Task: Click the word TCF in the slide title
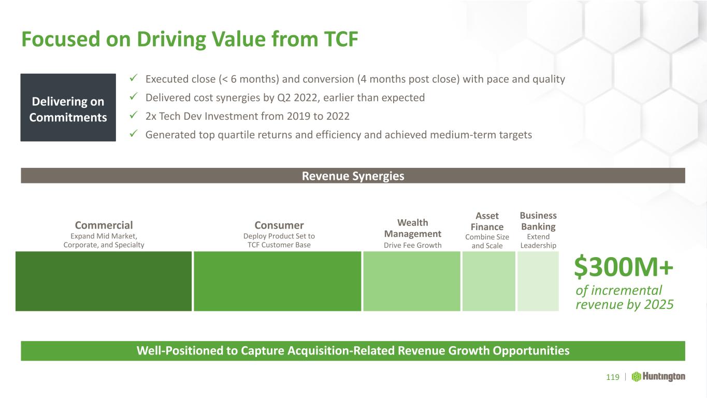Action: tap(341, 39)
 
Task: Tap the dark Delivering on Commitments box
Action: tap(68, 107)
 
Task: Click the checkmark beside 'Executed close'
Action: tap(134, 78)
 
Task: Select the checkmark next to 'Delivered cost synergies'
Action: tap(134, 96)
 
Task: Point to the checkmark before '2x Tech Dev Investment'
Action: tap(134, 115)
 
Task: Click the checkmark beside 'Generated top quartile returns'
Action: tap(134, 134)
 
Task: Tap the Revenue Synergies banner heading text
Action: tap(353, 176)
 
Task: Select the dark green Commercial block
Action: tap(104, 281)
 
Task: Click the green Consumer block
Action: tap(278, 281)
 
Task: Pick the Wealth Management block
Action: tap(412, 281)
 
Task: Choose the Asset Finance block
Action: tap(489, 281)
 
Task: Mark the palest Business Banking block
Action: tap(538, 281)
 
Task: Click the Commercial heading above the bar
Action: tap(104, 225)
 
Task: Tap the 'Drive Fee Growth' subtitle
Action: tap(412, 245)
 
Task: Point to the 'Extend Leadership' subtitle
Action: tap(538, 241)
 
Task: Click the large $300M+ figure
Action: tap(624, 267)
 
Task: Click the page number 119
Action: tap(613, 377)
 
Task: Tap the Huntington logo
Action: tap(658, 377)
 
